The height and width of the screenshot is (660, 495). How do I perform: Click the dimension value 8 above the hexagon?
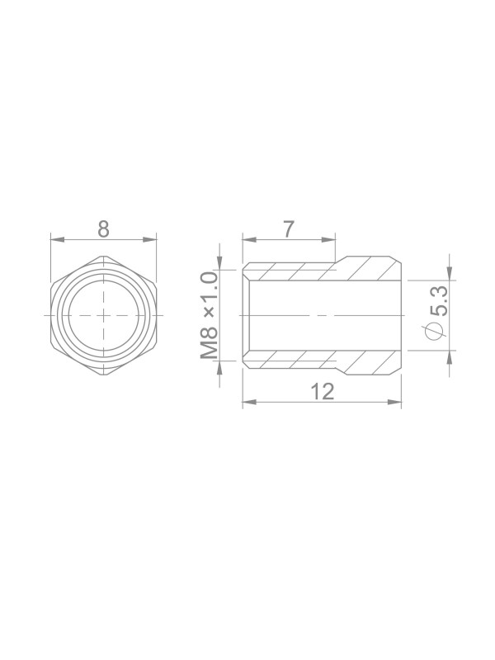pos(104,229)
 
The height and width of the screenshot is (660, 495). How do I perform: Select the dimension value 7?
pos(288,229)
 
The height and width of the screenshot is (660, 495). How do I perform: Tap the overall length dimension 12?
pos(323,391)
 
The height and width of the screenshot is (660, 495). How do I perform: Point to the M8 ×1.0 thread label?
pos(210,315)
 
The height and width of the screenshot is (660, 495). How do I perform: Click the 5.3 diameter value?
pos(438,301)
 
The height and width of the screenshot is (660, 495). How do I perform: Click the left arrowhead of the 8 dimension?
pos(58,239)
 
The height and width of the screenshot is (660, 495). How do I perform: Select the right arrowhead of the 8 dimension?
pos(149,239)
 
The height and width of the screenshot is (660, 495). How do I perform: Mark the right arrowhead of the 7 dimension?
pos(328,239)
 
